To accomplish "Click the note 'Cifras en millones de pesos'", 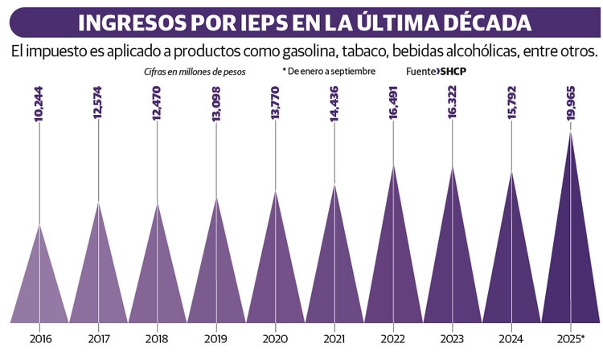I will tap(190, 72).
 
